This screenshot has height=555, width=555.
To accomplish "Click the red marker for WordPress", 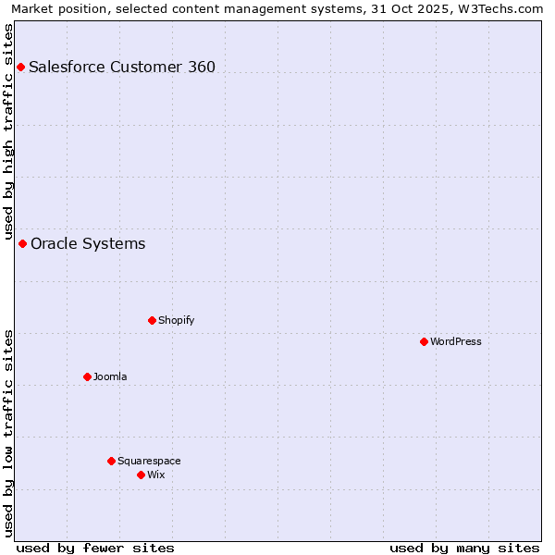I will click(424, 341).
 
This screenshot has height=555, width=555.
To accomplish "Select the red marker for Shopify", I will click(152, 320).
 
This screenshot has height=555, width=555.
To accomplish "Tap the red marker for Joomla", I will click(87, 376).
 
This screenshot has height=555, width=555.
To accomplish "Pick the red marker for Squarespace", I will click(111, 461).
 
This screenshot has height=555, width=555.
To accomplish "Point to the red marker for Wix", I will click(141, 475).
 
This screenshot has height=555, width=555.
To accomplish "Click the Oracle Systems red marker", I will click(22, 243).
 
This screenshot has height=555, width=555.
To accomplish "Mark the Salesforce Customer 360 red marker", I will click(20, 67).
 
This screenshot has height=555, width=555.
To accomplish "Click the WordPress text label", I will click(456, 341).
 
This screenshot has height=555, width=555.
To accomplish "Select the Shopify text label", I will click(176, 320).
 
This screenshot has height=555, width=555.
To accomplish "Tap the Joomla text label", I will click(110, 376).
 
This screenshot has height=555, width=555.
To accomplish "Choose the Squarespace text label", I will click(149, 461).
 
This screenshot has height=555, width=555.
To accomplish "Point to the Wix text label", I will click(156, 475).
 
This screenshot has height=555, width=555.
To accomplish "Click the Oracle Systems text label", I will click(88, 243).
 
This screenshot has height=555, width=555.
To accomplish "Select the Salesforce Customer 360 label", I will click(122, 67).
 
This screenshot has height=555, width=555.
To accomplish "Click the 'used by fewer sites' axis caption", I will click(95, 548).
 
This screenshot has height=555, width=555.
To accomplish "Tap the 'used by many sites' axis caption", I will click(464, 548).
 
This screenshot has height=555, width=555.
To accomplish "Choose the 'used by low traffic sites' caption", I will click(8, 433).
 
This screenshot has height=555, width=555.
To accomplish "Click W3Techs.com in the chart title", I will click(505, 8).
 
